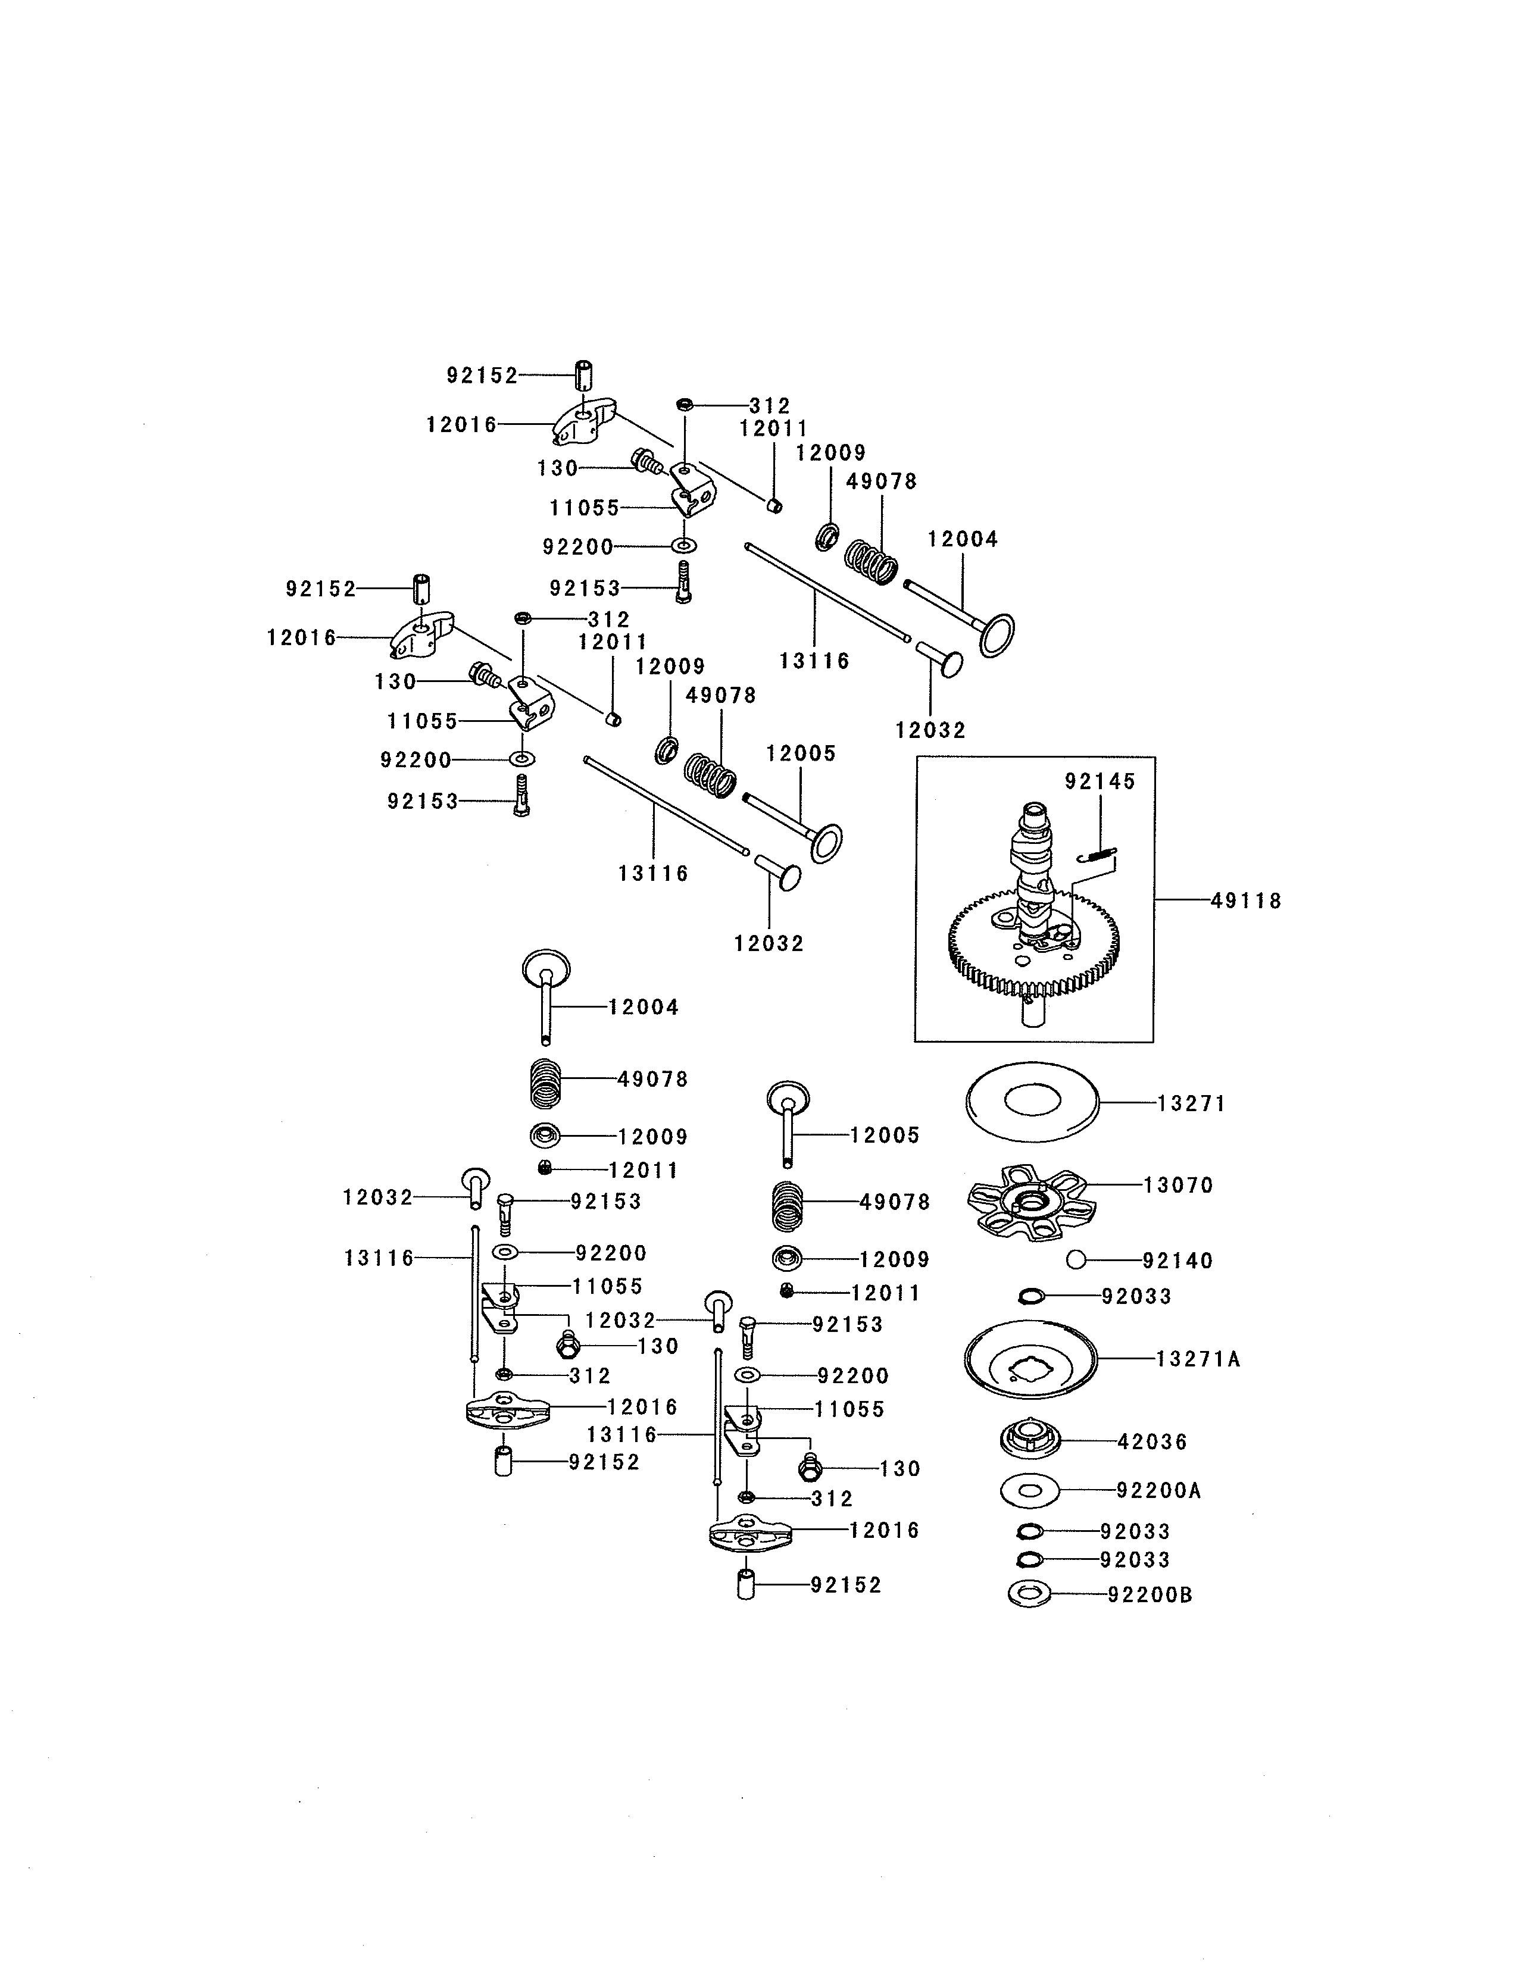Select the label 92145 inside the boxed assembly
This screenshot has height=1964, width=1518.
[x=1100, y=781]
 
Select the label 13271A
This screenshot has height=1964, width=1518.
[x=1198, y=1359]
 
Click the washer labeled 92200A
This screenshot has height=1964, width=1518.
[x=1030, y=1491]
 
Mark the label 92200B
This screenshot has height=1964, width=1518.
[x=1150, y=1595]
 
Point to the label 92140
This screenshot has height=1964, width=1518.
[x=1178, y=1261]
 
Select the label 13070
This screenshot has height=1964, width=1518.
[x=1178, y=1185]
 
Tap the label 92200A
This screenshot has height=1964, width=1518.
[x=1158, y=1491]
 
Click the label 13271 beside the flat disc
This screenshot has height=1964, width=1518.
[x=1191, y=1103]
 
